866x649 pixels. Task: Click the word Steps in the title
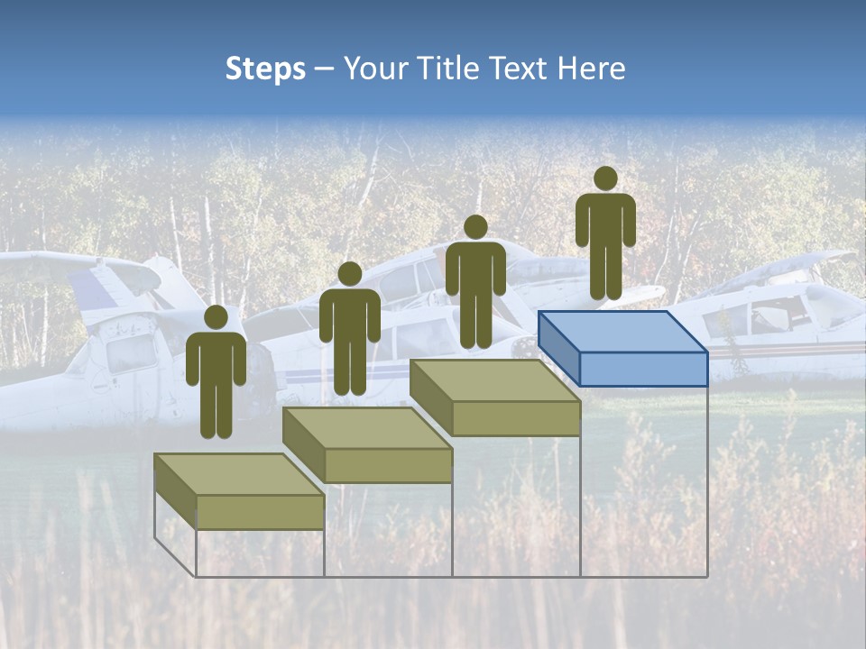point(265,69)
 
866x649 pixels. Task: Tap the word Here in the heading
point(591,69)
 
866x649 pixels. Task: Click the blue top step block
point(622,347)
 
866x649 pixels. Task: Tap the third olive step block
point(495,397)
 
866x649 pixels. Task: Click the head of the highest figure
point(605,178)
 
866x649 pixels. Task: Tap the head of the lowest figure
point(216,317)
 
